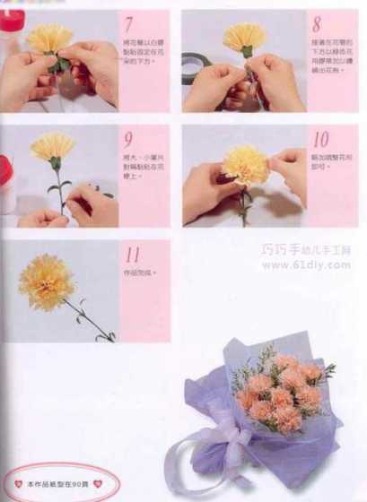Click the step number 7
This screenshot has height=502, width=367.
click(130, 24)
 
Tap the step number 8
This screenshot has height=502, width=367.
click(317, 25)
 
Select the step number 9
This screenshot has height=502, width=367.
click(129, 140)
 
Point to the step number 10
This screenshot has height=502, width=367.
click(320, 139)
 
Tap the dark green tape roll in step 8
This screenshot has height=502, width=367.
click(190, 66)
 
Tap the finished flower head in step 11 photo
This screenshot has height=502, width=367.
click(46, 281)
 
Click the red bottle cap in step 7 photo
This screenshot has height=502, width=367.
click(11, 21)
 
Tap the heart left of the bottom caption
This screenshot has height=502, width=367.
click(18, 484)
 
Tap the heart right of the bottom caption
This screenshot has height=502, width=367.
click(97, 484)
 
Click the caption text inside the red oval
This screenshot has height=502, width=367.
click(57, 484)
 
